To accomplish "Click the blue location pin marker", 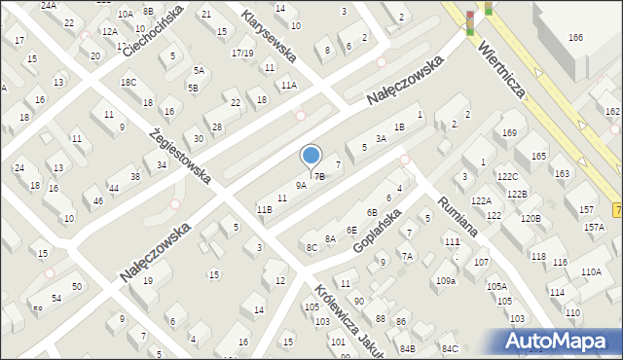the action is pyautogui.click(x=311, y=157).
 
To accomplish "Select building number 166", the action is pyautogui.click(x=575, y=37).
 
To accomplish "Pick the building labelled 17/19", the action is pyautogui.click(x=243, y=54).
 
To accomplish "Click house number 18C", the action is pyautogui.click(x=128, y=83).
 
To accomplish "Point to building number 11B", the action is pyautogui.click(x=264, y=209).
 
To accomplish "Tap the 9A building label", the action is pyautogui.click(x=301, y=185).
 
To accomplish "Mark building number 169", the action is pyautogui.click(x=509, y=131).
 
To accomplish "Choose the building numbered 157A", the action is pyautogui.click(x=594, y=227).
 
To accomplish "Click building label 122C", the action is pyautogui.click(x=507, y=177).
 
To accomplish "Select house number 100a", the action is pyautogui.click(x=446, y=280).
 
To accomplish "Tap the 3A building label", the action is pyautogui.click(x=382, y=139).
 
